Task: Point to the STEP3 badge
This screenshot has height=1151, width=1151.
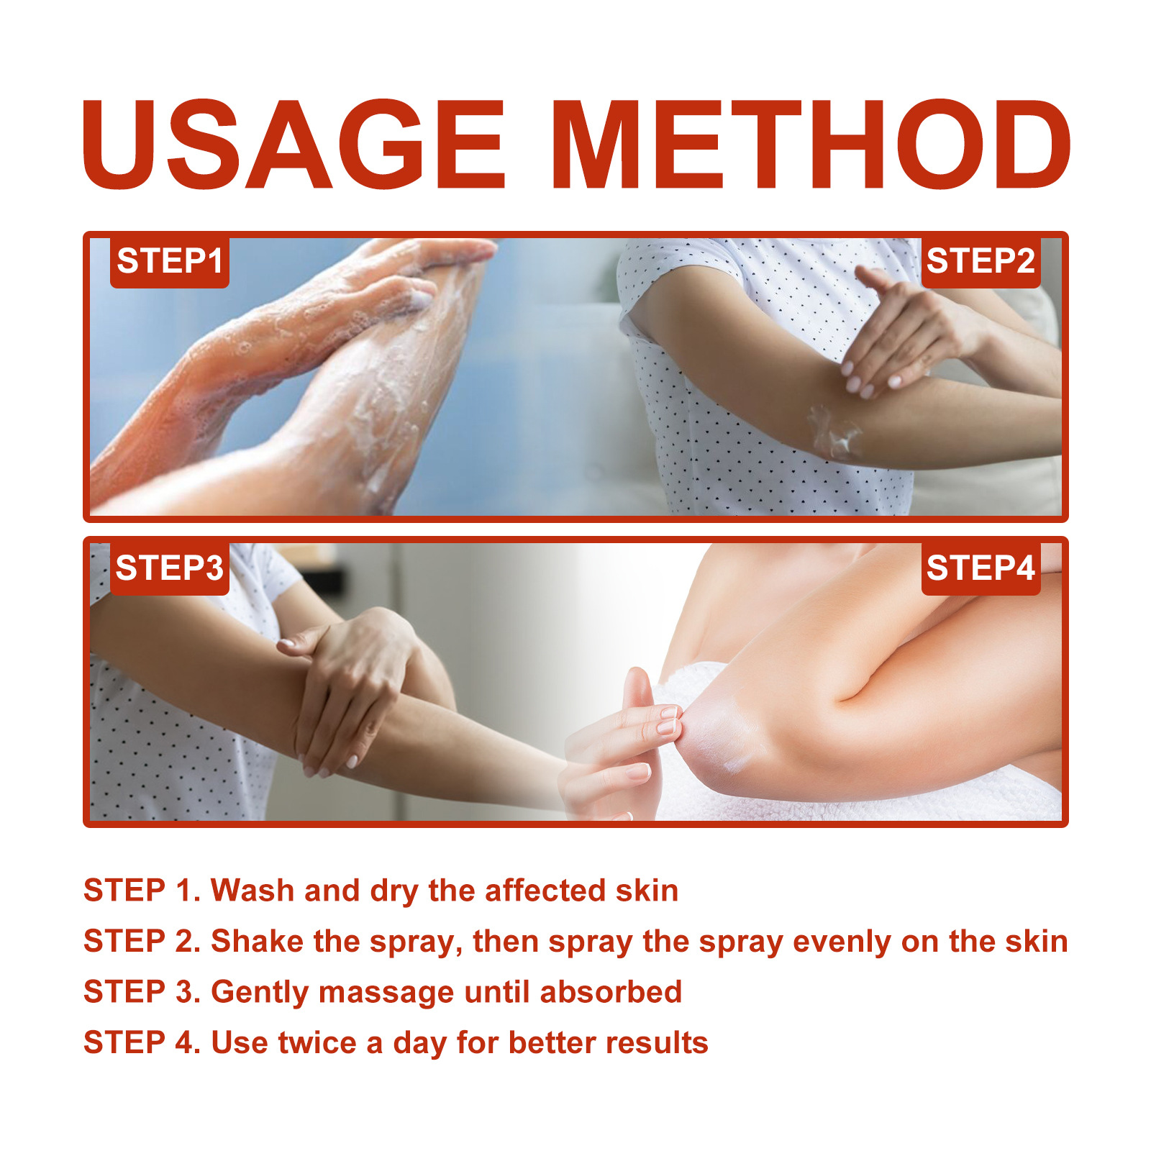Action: pos(170,568)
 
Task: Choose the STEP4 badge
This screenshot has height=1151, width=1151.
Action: pos(981,568)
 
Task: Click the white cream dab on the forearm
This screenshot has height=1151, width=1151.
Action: pos(834,433)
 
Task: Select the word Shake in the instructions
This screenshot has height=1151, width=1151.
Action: pos(257,941)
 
